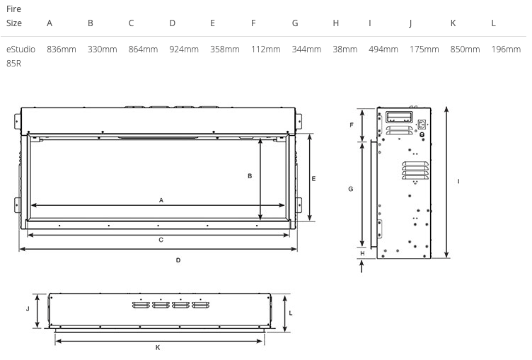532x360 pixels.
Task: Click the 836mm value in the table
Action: click(62, 50)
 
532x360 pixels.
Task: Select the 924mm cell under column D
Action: click(184, 50)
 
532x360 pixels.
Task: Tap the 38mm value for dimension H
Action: click(345, 50)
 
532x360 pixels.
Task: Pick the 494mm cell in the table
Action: click(383, 50)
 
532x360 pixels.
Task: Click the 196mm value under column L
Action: click(506, 50)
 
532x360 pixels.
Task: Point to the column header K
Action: click(453, 23)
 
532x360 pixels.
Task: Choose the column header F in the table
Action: click(253, 23)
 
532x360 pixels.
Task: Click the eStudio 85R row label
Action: click(21, 57)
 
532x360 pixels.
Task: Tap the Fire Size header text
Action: click(14, 16)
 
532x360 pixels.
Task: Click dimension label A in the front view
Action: click(161, 201)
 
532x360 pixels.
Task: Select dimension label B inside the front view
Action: click(250, 176)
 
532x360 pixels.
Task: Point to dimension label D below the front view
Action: click(178, 260)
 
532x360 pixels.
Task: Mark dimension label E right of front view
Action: click(313, 179)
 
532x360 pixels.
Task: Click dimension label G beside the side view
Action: click(351, 189)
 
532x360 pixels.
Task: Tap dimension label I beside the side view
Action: click(458, 182)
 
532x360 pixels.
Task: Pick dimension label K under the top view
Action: click(158, 347)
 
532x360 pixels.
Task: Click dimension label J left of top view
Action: click(28, 309)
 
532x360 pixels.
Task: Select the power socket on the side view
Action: click(422, 124)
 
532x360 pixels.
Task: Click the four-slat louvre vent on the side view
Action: click(415, 170)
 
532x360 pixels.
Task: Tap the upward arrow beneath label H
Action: click(362, 267)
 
